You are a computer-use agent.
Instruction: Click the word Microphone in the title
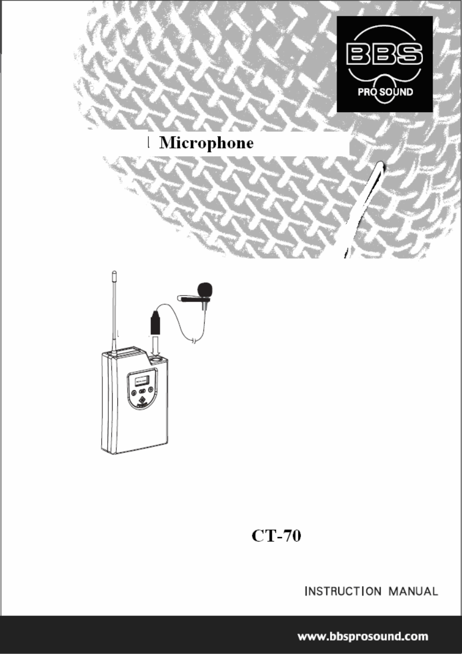click(207, 144)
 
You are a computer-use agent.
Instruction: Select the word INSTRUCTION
click(342, 592)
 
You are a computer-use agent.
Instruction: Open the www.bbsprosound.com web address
click(363, 637)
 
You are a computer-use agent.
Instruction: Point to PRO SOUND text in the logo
click(385, 92)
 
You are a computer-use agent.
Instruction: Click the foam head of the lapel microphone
click(205, 290)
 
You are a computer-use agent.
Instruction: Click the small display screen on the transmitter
click(141, 381)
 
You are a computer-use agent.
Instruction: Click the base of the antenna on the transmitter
click(114, 351)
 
